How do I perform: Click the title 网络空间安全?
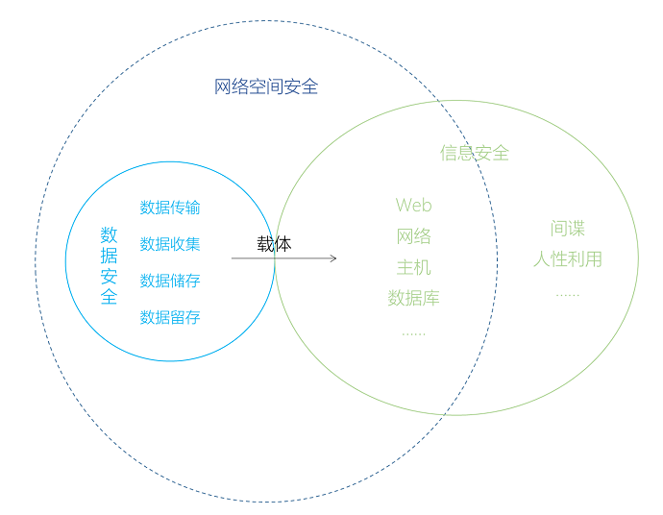[266, 87]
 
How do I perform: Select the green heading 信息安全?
[475, 153]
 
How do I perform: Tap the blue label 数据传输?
[170, 208]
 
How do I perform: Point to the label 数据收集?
[170, 244]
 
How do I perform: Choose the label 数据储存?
[170, 281]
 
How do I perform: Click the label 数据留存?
[170, 317]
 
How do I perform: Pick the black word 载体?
[274, 244]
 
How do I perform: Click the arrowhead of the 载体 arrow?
[332, 257]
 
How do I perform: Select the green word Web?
[414, 205]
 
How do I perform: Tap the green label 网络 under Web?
[414, 236]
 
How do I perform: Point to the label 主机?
[414, 267]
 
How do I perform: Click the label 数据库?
[414, 298]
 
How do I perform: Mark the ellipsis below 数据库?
[413, 332]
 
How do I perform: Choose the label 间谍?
[568, 229]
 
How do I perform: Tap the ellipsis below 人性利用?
[568, 293]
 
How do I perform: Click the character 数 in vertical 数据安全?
[110, 234]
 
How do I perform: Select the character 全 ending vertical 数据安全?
[110, 297]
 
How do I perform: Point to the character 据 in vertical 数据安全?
[110, 256]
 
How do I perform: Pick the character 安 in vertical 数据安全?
[110, 277]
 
